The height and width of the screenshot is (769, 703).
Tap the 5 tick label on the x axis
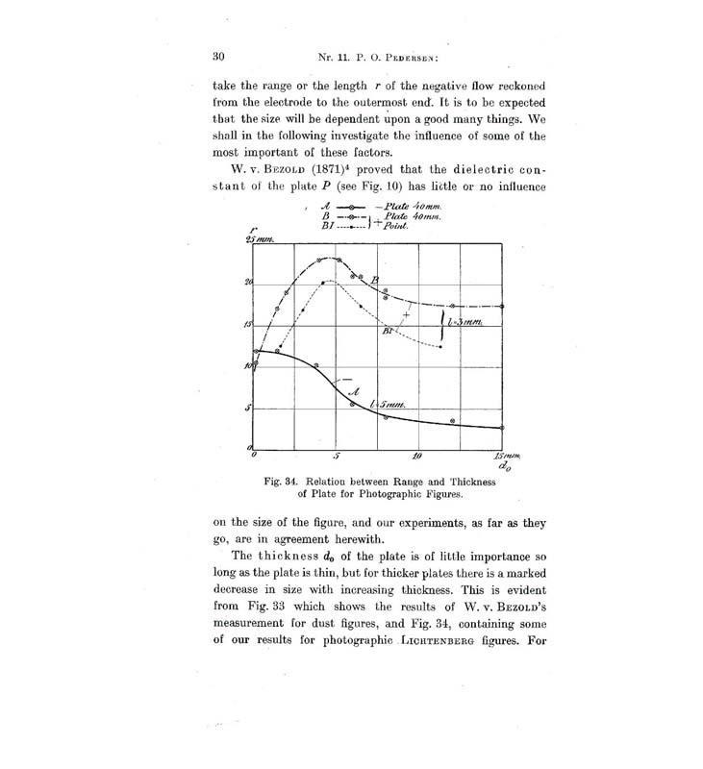point(337,457)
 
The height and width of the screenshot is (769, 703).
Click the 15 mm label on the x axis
point(503,456)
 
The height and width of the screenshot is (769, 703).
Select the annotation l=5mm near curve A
point(389,408)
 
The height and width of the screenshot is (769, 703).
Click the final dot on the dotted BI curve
point(439,346)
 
